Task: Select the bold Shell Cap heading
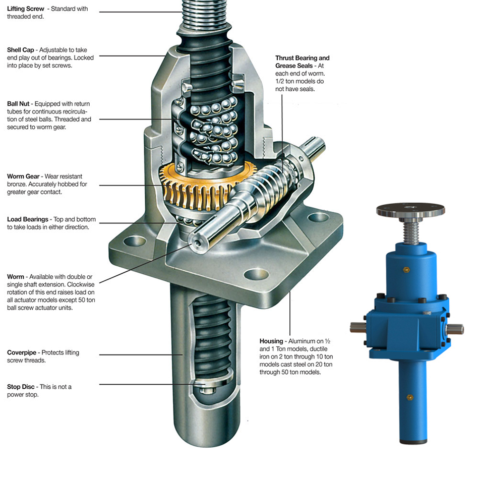click(21, 50)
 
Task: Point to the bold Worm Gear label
click(23, 176)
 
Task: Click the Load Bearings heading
click(28, 219)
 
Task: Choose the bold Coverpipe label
click(22, 352)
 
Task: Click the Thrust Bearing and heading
click(302, 58)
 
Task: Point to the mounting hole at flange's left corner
click(131, 243)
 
